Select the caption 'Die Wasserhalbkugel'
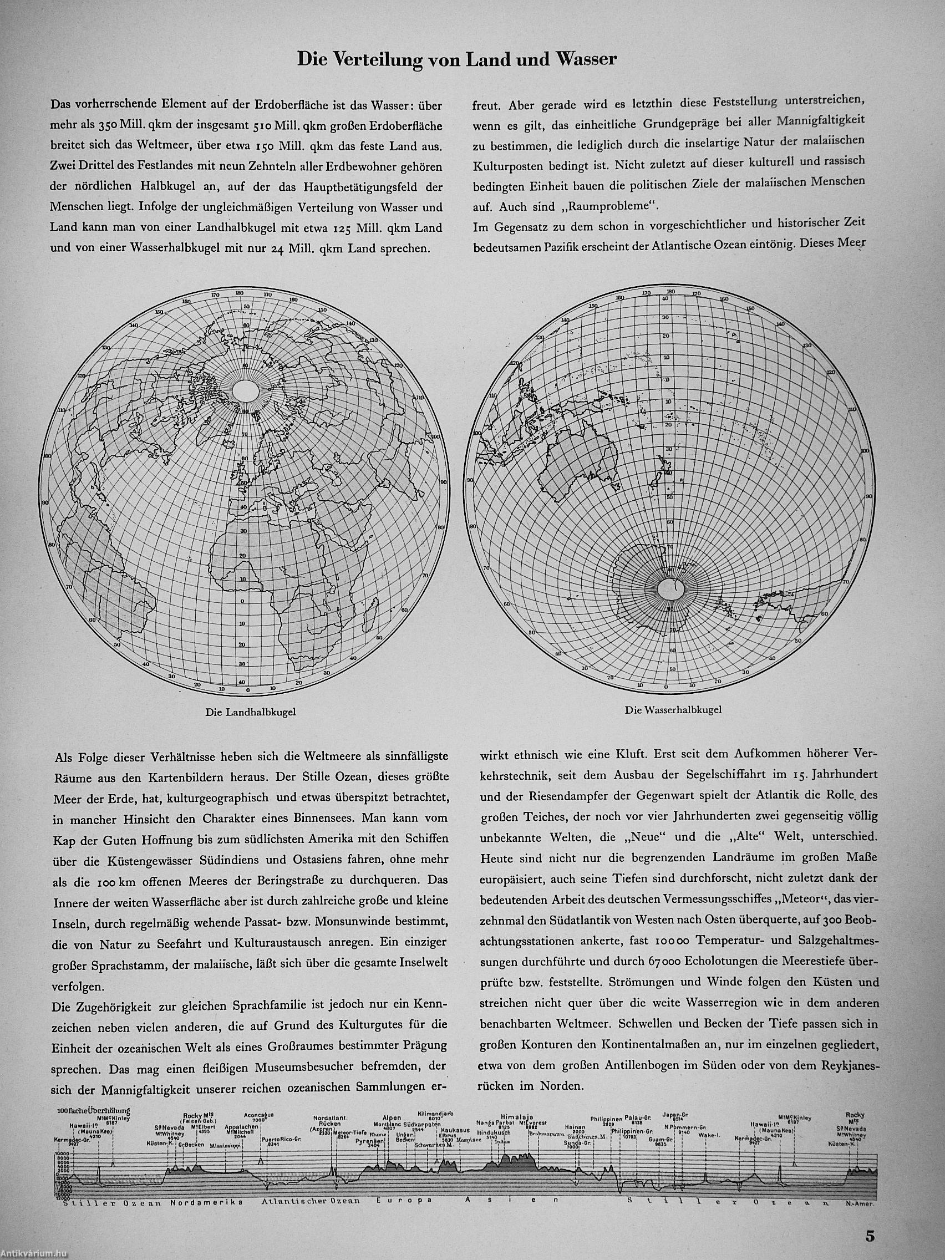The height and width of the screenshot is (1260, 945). [673, 710]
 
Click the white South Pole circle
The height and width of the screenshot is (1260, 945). [670, 590]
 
